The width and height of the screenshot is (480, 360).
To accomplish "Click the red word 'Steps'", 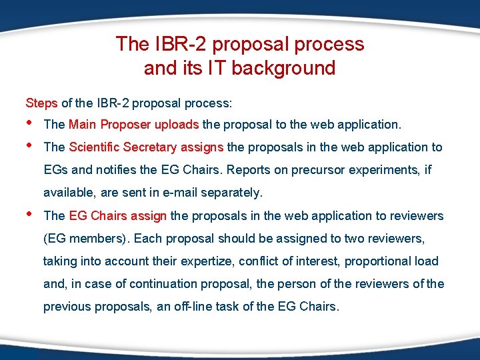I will coord(42,103).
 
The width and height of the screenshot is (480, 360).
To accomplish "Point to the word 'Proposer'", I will coord(127,124).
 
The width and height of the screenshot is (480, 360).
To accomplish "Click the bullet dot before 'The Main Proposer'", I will coord(28,123).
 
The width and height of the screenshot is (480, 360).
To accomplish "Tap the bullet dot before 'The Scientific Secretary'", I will coord(28,146).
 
